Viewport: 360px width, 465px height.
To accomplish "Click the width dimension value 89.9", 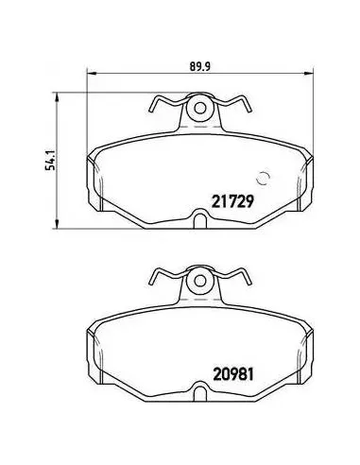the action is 199,66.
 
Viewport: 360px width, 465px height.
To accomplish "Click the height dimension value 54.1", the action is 50,161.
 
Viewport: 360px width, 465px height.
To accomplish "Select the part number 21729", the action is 232,201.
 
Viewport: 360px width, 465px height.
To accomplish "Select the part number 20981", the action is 233,374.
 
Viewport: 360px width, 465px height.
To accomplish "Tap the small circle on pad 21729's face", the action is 263,179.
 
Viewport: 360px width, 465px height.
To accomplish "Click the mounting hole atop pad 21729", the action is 199,109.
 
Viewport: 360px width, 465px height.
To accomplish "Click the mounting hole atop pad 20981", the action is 199,281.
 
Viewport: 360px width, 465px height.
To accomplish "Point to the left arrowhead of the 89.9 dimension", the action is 91,74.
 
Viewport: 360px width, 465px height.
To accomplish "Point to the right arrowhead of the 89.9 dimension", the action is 309,74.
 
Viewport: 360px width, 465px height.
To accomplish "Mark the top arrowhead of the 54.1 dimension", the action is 57,97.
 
